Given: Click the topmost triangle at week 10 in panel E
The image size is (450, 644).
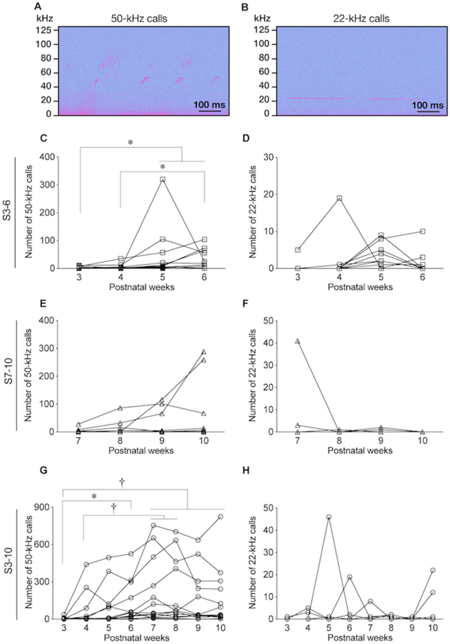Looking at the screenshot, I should pos(204,352).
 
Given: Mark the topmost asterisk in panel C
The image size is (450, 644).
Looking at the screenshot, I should pos(130,141).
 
